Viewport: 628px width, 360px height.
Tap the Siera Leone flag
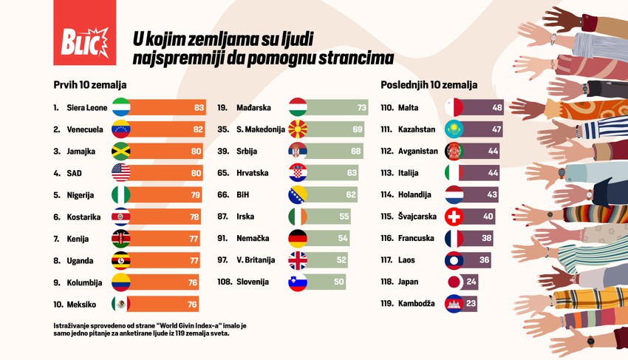pos(120,108)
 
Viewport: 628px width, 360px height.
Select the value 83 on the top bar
pos(199,108)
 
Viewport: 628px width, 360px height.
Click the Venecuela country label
pos(85,129)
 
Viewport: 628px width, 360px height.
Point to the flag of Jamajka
pos(120,152)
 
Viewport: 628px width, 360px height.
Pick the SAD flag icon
pos(120,173)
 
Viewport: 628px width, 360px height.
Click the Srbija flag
pos(298,152)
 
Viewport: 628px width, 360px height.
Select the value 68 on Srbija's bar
pos(357,152)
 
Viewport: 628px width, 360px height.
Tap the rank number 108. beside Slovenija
pos(225,282)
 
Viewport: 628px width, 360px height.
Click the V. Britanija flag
pos(298,260)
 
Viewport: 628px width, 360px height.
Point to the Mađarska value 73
pos(362,108)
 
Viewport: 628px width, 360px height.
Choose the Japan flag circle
pos(454,282)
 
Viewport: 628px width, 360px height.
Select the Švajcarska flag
pos(454,217)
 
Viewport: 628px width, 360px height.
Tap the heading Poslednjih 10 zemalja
pos(429,85)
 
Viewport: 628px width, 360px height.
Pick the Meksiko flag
pos(120,304)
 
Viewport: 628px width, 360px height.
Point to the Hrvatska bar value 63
pos(352,173)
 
